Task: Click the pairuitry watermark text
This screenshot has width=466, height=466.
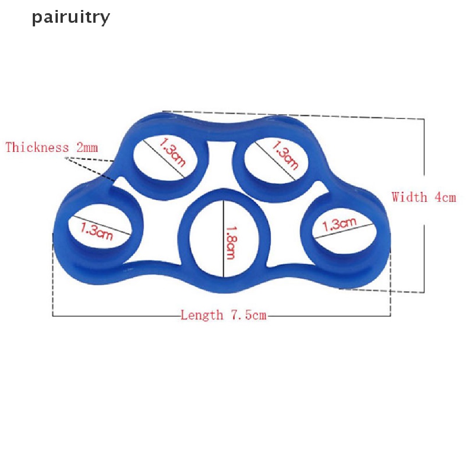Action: point(71,18)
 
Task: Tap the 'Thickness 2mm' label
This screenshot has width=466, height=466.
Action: point(51,147)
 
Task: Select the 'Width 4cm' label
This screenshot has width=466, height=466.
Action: point(423,198)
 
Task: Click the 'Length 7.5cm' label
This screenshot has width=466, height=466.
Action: point(223,315)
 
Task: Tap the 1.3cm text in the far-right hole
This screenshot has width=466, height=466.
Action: point(339,225)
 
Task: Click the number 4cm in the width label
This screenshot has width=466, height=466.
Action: point(445,198)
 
